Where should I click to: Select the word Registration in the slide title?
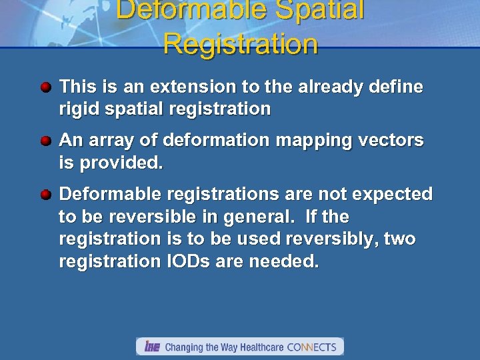pyautogui.click(x=240, y=44)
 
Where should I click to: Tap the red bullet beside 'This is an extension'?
pyautogui.click(x=46, y=87)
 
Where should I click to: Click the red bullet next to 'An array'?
pyautogui.click(x=46, y=141)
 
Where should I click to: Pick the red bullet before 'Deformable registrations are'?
pyautogui.click(x=46, y=195)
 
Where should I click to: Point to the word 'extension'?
pyautogui.click(x=188, y=87)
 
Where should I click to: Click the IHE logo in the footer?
pyautogui.click(x=152, y=347)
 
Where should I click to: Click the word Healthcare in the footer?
pyautogui.click(x=257, y=347)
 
